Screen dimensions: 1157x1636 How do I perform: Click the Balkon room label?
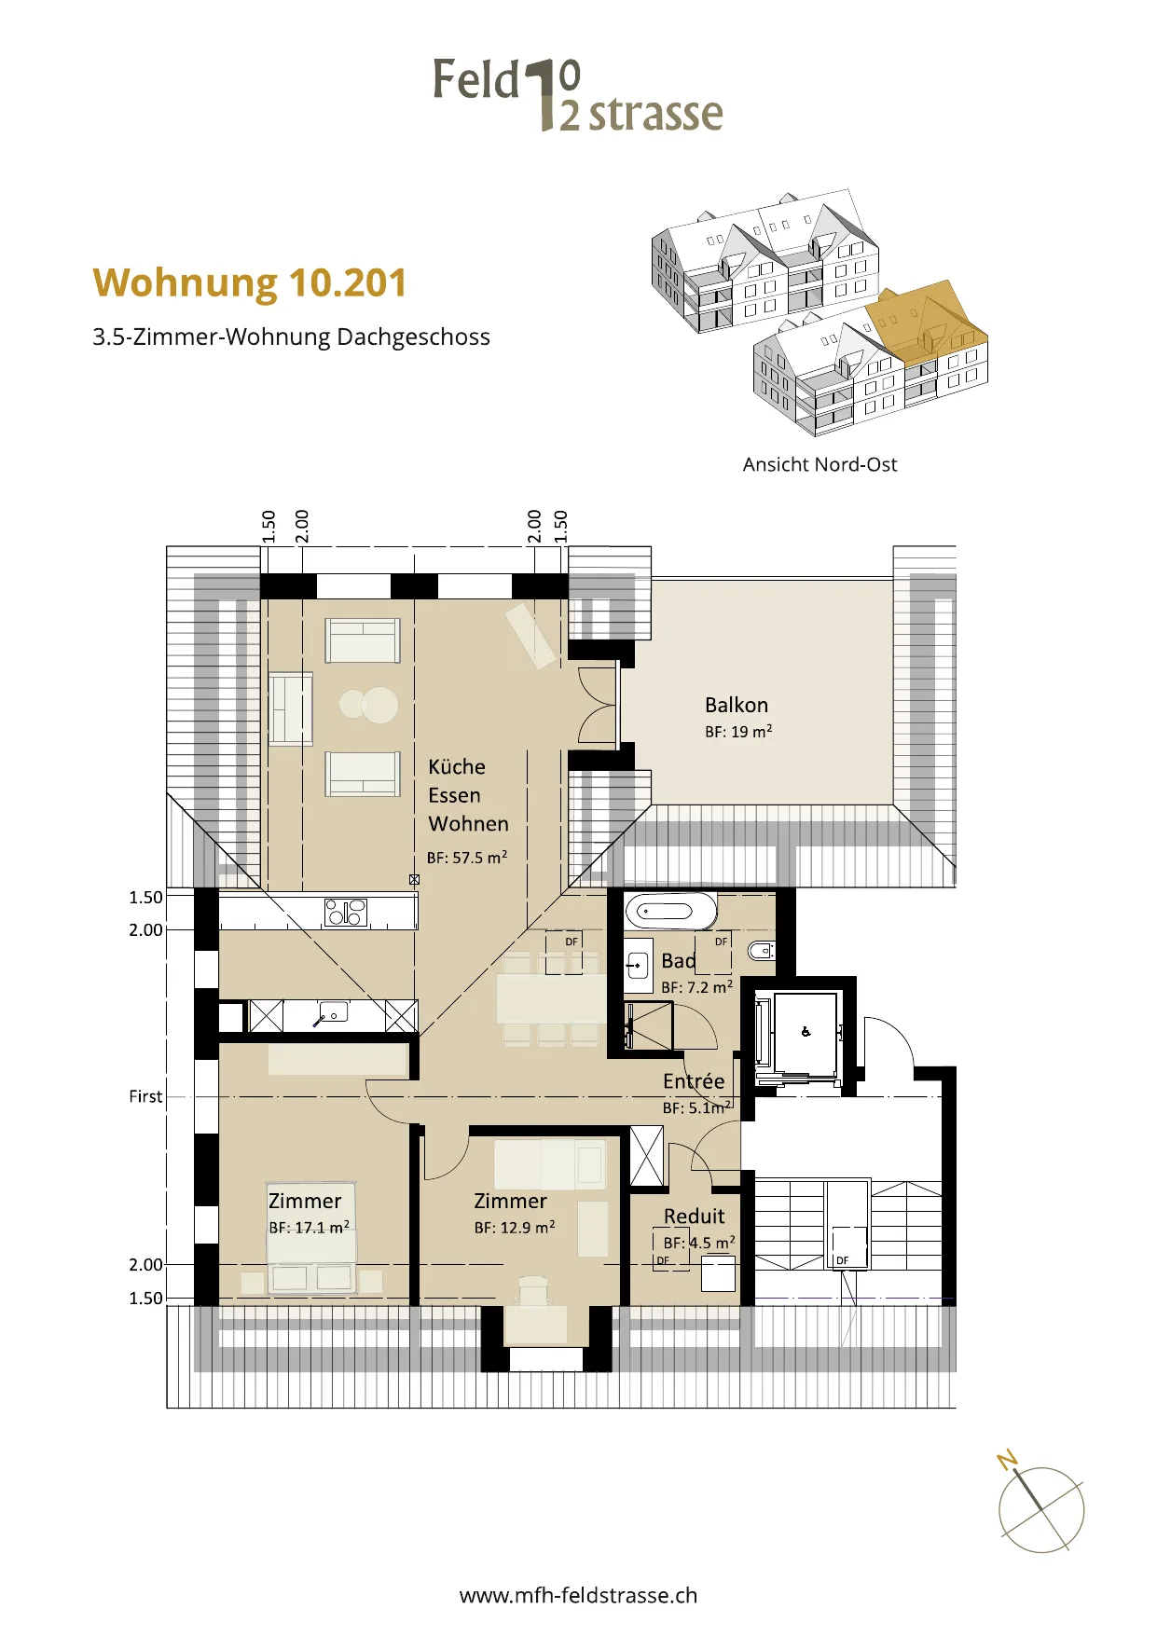click(737, 705)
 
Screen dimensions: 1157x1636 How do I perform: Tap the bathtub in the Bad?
click(671, 911)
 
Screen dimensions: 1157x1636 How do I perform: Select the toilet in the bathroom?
click(761, 952)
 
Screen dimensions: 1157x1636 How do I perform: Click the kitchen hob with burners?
click(346, 912)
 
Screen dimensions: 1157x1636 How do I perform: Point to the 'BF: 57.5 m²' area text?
click(467, 858)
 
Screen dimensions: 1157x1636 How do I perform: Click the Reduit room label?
click(695, 1217)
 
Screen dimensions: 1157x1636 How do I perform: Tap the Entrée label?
click(694, 1081)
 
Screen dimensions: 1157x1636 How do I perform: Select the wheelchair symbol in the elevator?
click(806, 1031)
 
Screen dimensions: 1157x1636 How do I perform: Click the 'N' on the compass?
click(1007, 1460)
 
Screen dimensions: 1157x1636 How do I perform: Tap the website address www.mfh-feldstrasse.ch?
click(578, 1595)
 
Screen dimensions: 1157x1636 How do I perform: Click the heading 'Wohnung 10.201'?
click(250, 282)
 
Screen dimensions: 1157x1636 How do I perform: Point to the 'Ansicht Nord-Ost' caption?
click(820, 464)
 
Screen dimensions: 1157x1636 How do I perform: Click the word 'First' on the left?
click(145, 1096)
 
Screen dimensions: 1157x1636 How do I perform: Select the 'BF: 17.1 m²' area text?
click(310, 1228)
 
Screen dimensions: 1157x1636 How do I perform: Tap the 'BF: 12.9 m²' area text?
click(515, 1228)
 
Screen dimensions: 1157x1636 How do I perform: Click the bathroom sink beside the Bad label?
click(638, 965)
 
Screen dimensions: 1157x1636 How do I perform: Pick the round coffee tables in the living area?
click(369, 705)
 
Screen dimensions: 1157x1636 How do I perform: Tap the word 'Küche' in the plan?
click(457, 767)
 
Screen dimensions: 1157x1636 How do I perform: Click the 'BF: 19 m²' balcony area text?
click(738, 732)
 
